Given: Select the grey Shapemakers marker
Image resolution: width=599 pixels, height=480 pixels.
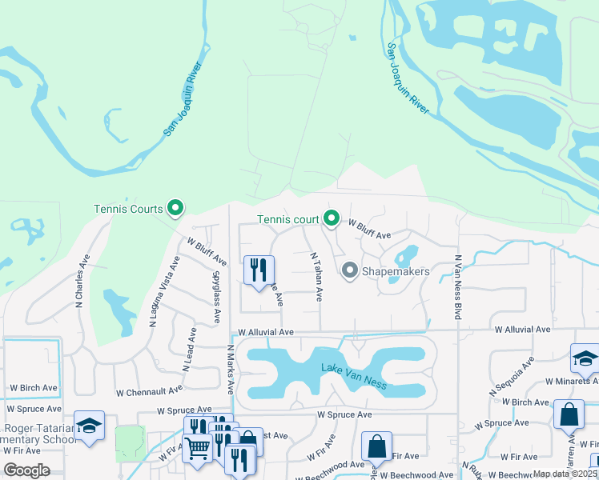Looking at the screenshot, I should tap(349, 271).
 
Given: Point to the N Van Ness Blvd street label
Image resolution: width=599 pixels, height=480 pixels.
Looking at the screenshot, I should tap(458, 288).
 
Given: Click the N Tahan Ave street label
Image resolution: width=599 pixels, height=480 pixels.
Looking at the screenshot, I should tap(316, 277).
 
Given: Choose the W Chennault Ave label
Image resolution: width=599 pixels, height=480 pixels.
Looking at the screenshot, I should tap(150, 392).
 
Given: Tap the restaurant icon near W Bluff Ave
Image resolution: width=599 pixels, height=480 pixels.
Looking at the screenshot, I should tap(259, 270).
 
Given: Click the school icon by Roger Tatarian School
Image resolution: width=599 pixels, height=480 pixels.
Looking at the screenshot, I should tap(89, 425).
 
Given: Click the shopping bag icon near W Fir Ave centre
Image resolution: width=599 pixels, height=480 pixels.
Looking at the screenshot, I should tap(376, 446).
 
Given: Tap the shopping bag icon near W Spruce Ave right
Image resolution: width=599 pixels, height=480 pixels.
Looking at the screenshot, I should tap(569, 414).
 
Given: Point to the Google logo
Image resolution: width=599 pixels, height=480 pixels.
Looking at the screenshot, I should tap(26, 470).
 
